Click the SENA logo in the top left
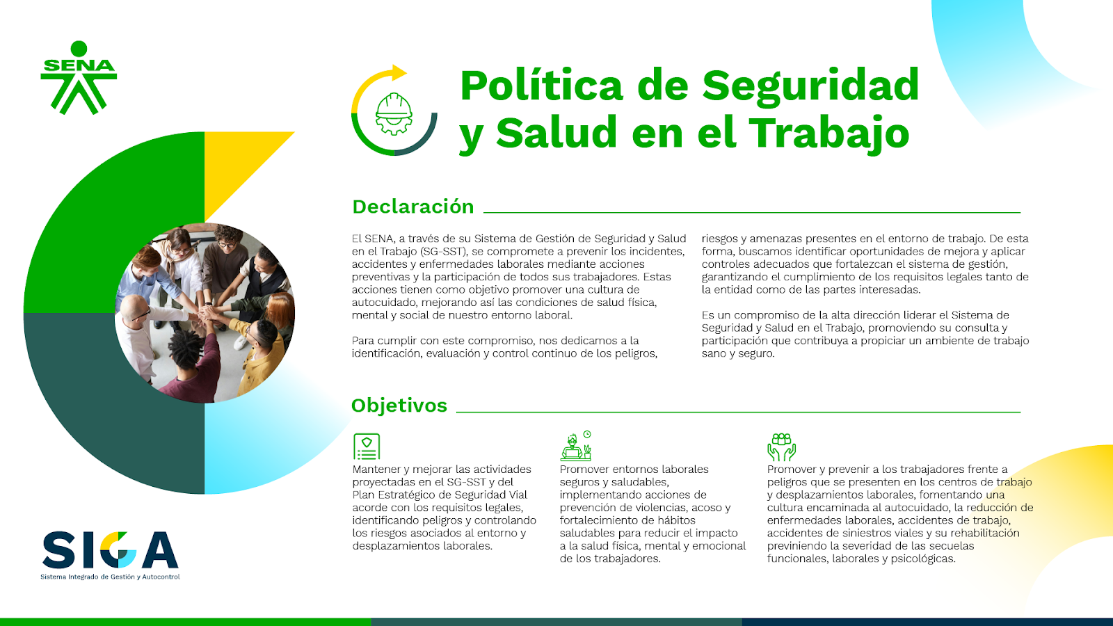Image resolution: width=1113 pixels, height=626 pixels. coord(79,77)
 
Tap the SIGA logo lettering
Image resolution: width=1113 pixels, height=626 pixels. coord(111,549)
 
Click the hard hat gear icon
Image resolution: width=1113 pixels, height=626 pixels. coord(394,114)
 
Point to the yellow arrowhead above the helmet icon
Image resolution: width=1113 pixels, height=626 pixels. coord(399,72)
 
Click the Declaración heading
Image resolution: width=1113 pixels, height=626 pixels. coord(413,207)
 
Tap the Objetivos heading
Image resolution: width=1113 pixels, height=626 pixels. coord(399,406)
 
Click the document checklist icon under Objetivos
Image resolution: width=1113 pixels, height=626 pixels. coord(366,446)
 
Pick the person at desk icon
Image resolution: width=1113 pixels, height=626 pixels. coord(576,446)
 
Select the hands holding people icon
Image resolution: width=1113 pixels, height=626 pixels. coord(781,447)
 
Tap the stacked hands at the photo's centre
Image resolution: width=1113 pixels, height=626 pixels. coord(209,314)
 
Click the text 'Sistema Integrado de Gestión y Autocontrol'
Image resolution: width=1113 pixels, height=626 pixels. coord(110,577)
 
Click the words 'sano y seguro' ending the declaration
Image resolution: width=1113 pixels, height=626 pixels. coord(738,354)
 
